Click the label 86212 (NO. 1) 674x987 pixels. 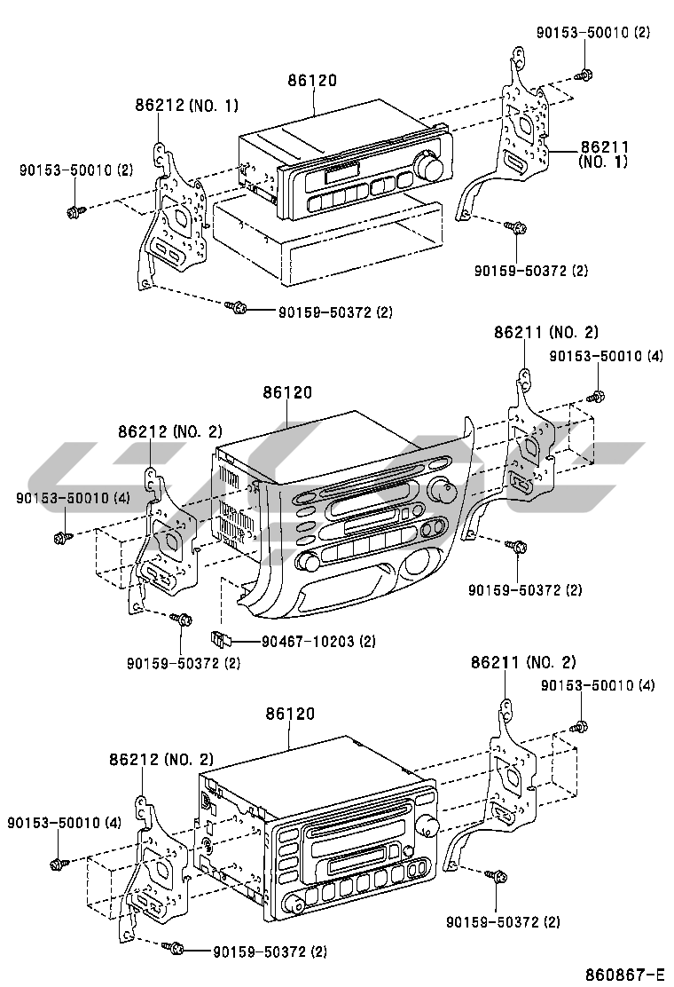click(x=186, y=106)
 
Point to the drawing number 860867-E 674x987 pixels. click(x=623, y=972)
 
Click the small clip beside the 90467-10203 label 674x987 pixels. click(x=220, y=636)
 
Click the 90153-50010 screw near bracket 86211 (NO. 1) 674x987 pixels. click(x=585, y=75)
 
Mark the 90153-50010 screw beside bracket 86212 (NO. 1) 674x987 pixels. click(x=74, y=211)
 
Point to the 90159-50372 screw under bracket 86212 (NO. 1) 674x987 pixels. click(x=236, y=307)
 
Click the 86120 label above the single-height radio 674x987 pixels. click(x=312, y=81)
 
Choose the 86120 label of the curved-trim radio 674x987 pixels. click(x=286, y=393)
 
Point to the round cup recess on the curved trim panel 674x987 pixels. click(x=421, y=565)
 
